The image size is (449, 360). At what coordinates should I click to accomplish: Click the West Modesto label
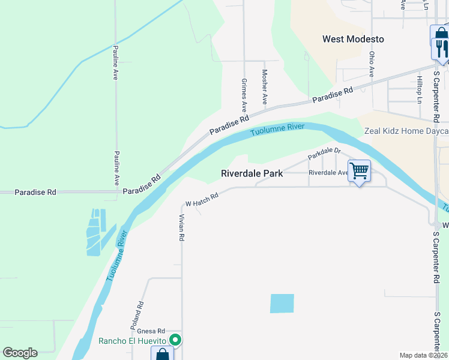click(x=353, y=39)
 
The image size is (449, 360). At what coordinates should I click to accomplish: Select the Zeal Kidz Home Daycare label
click(x=406, y=131)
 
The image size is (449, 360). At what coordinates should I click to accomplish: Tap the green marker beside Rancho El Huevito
click(x=175, y=340)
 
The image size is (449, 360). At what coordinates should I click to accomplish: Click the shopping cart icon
click(x=359, y=171)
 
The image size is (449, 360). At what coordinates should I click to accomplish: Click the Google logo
click(x=20, y=353)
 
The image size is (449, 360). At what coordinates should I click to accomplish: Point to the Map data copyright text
click(x=423, y=355)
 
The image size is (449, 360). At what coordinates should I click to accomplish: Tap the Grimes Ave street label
click(x=244, y=95)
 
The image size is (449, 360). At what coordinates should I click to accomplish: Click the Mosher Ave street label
click(x=264, y=86)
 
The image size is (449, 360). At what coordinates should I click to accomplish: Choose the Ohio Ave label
click(x=372, y=64)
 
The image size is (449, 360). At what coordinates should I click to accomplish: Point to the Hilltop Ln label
click(x=420, y=89)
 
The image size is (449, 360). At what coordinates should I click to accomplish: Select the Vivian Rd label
click(x=181, y=229)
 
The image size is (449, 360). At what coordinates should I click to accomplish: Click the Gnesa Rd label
click(x=151, y=331)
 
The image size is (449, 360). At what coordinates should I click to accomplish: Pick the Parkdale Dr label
click(x=324, y=154)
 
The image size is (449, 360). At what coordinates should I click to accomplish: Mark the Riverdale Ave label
click(x=328, y=173)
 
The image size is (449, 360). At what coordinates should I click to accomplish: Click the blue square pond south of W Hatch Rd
click(x=282, y=304)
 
